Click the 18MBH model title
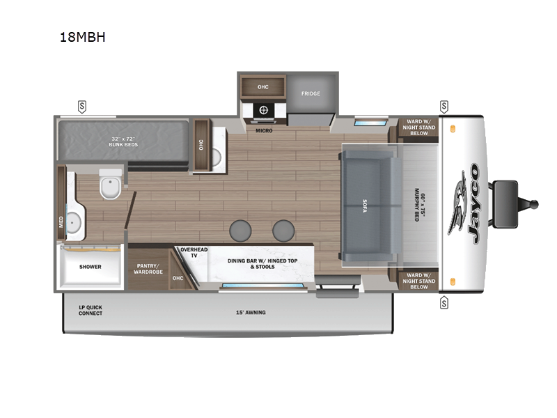point(82,37)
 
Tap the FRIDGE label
point(311,93)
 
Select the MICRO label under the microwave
point(264,130)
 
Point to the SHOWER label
point(90,267)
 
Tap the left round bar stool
point(241,230)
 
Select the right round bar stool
point(283,230)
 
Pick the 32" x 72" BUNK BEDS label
point(125,141)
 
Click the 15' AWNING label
point(251,312)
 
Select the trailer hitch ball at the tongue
point(535,204)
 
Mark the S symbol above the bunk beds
point(82,106)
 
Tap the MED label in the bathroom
point(61,222)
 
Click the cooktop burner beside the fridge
point(264,110)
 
